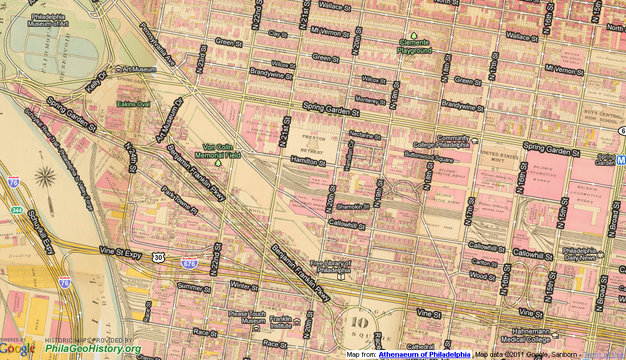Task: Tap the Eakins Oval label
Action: (133, 103)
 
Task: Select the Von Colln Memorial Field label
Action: (218, 150)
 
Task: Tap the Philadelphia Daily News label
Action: (581, 253)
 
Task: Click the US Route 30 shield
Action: (158, 257)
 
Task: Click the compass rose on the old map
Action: (44, 180)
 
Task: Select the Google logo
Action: (16, 348)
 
